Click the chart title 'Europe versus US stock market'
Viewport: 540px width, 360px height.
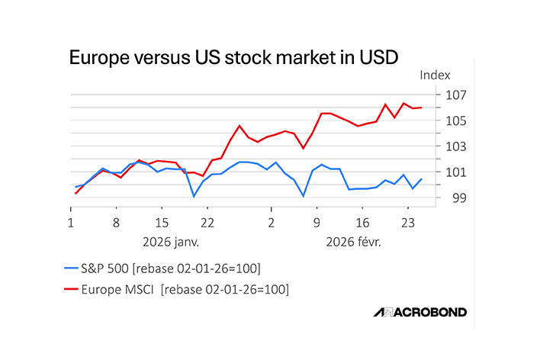pos(233,57)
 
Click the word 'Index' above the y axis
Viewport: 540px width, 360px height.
pos(435,76)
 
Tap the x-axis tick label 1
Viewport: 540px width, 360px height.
pos(70,223)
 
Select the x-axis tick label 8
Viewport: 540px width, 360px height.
pos(116,223)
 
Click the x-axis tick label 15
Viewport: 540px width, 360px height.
pos(162,223)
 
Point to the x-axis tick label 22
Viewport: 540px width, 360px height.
pos(207,223)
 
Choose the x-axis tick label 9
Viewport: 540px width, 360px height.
pos(317,223)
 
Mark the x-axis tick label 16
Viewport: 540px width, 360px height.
pos(362,223)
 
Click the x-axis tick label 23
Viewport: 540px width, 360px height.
pos(408,223)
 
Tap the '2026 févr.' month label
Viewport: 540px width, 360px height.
pos(353,242)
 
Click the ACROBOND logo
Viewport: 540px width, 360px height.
pos(419,312)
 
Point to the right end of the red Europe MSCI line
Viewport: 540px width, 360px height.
pos(422,108)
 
